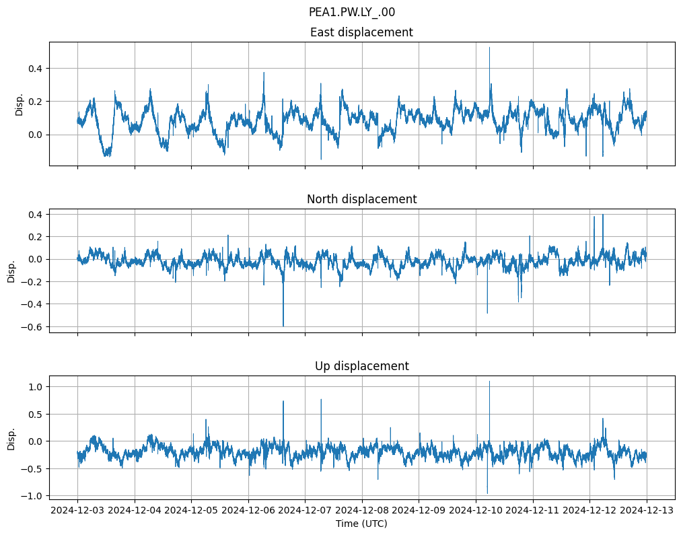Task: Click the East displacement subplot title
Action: click(x=361, y=32)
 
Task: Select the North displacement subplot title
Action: click(x=361, y=199)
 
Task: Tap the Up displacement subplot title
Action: click(x=361, y=366)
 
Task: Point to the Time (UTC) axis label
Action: click(x=361, y=524)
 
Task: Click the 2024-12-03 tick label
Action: click(x=77, y=511)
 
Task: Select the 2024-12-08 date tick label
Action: click(x=362, y=511)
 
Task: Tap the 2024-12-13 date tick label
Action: click(x=647, y=511)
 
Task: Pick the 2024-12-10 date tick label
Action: click(x=476, y=511)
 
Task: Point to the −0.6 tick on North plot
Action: click(x=31, y=326)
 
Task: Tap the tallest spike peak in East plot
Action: click(x=489, y=47)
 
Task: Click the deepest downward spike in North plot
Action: click(x=283, y=326)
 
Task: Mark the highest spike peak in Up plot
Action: click(x=489, y=382)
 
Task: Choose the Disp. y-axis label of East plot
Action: click(x=20, y=104)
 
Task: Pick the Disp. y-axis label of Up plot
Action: click(x=11, y=438)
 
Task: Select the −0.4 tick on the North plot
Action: click(x=31, y=304)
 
